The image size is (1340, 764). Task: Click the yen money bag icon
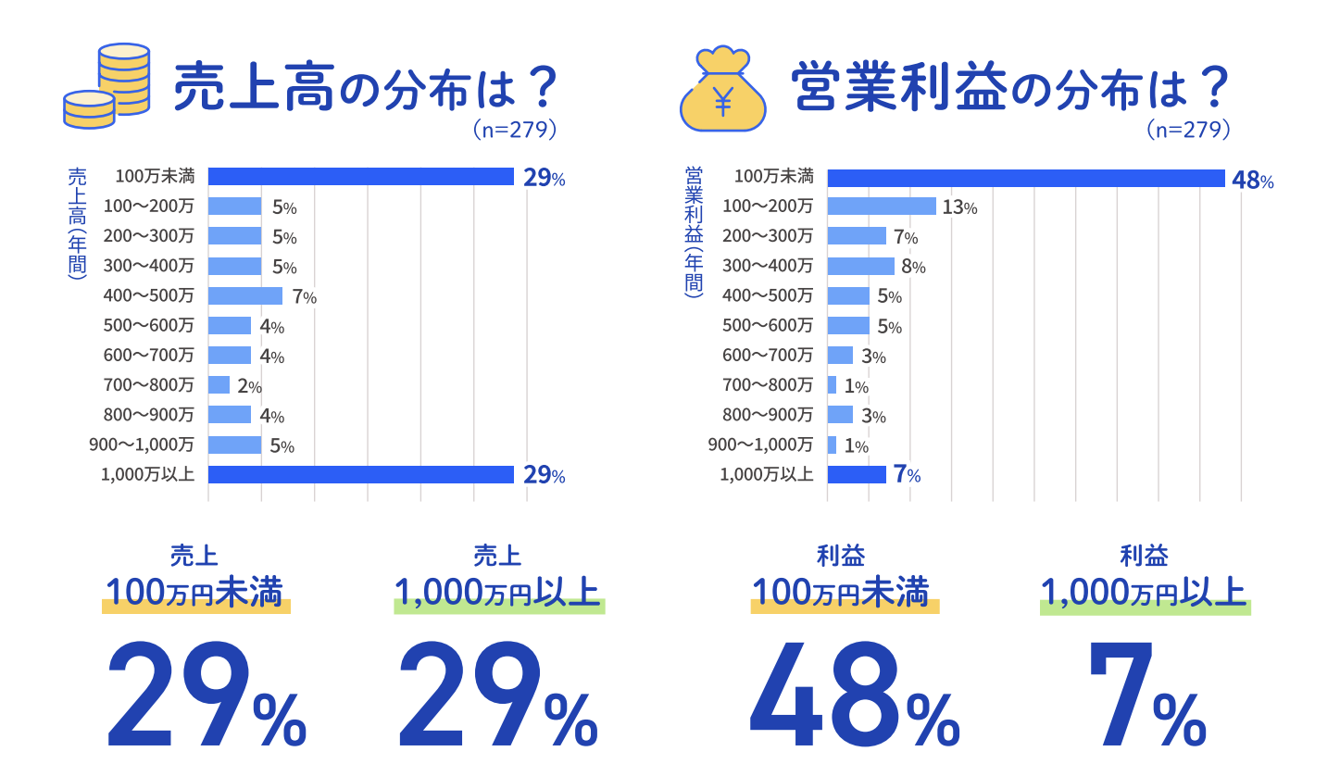(722, 90)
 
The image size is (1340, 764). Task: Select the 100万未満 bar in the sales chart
(360, 177)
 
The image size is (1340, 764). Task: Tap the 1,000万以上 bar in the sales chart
(360, 475)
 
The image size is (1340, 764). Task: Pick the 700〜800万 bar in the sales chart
(219, 385)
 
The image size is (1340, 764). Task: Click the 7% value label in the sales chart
(304, 297)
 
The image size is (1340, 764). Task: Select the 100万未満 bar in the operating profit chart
(1025, 178)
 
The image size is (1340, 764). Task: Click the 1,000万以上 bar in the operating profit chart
(856, 475)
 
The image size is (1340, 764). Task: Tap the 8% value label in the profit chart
(913, 268)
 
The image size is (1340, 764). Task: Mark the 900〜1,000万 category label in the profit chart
(760, 445)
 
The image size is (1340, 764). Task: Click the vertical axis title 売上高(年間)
(78, 222)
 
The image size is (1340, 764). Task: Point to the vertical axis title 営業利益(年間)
(694, 230)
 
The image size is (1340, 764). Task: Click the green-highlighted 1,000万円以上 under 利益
(1145, 592)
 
